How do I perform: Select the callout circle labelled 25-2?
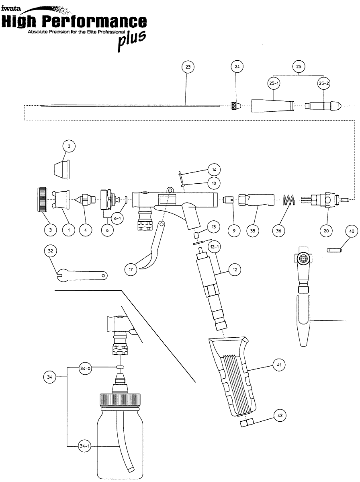pos(324,83)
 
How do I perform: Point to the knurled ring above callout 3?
pos(43,199)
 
